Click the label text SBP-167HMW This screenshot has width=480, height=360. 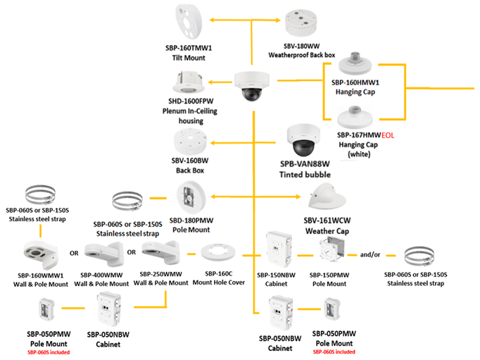pos(358,134)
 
